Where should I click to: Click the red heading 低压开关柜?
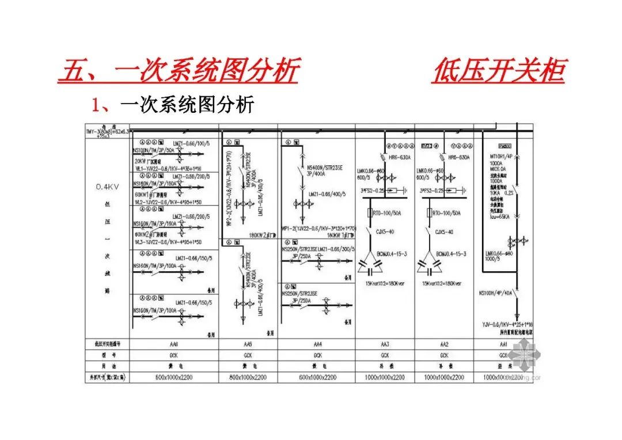[x=499, y=71]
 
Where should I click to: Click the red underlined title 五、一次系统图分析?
[x=179, y=71]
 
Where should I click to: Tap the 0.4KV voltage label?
[x=108, y=187]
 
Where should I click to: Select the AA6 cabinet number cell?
[x=174, y=344]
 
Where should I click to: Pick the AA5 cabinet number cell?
[x=248, y=344]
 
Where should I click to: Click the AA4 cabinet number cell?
[x=317, y=344]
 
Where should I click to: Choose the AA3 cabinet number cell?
[x=385, y=344]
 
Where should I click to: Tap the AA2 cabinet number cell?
[x=444, y=344]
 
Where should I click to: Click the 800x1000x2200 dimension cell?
[x=248, y=377]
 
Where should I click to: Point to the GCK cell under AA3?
[x=385, y=355]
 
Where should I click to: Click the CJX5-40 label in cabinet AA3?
[x=384, y=232]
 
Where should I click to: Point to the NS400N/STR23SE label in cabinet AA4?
[x=325, y=166]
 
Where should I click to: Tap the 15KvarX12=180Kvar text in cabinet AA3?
[x=384, y=284]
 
